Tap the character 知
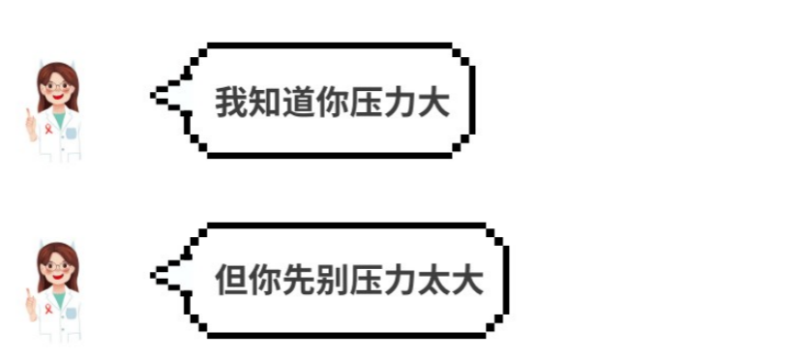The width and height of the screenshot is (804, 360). [264, 103]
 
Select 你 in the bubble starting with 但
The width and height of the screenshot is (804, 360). [264, 281]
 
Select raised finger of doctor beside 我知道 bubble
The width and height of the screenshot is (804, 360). [29, 116]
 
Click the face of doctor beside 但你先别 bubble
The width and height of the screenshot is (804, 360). [57, 269]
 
